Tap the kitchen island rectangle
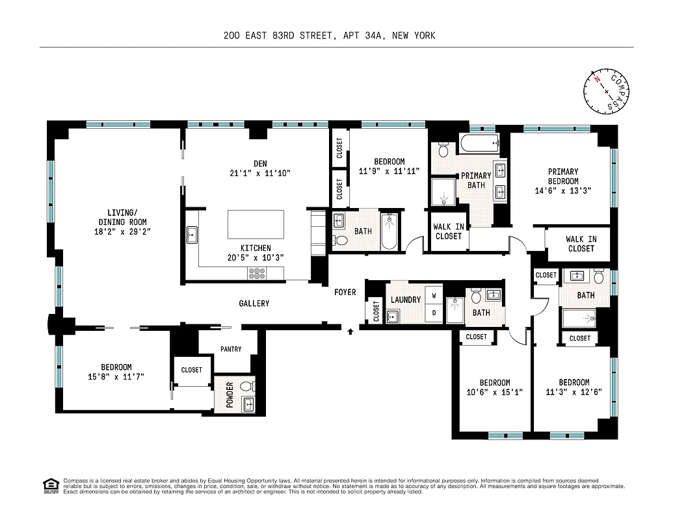tap(256, 225)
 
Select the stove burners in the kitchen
tap(257, 274)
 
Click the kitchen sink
tap(192, 235)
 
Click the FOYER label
tap(345, 292)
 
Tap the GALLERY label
tap(254, 304)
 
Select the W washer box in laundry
tap(434, 296)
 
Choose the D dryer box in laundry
tap(434, 313)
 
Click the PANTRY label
tap(231, 349)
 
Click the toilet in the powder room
tap(246, 387)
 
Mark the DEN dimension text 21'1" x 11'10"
tap(259, 174)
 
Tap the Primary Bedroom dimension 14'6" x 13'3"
tap(563, 191)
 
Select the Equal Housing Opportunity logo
tap(49, 486)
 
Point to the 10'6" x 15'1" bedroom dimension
tap(495, 393)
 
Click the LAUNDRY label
tap(406, 300)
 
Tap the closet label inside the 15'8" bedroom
tap(192, 370)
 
